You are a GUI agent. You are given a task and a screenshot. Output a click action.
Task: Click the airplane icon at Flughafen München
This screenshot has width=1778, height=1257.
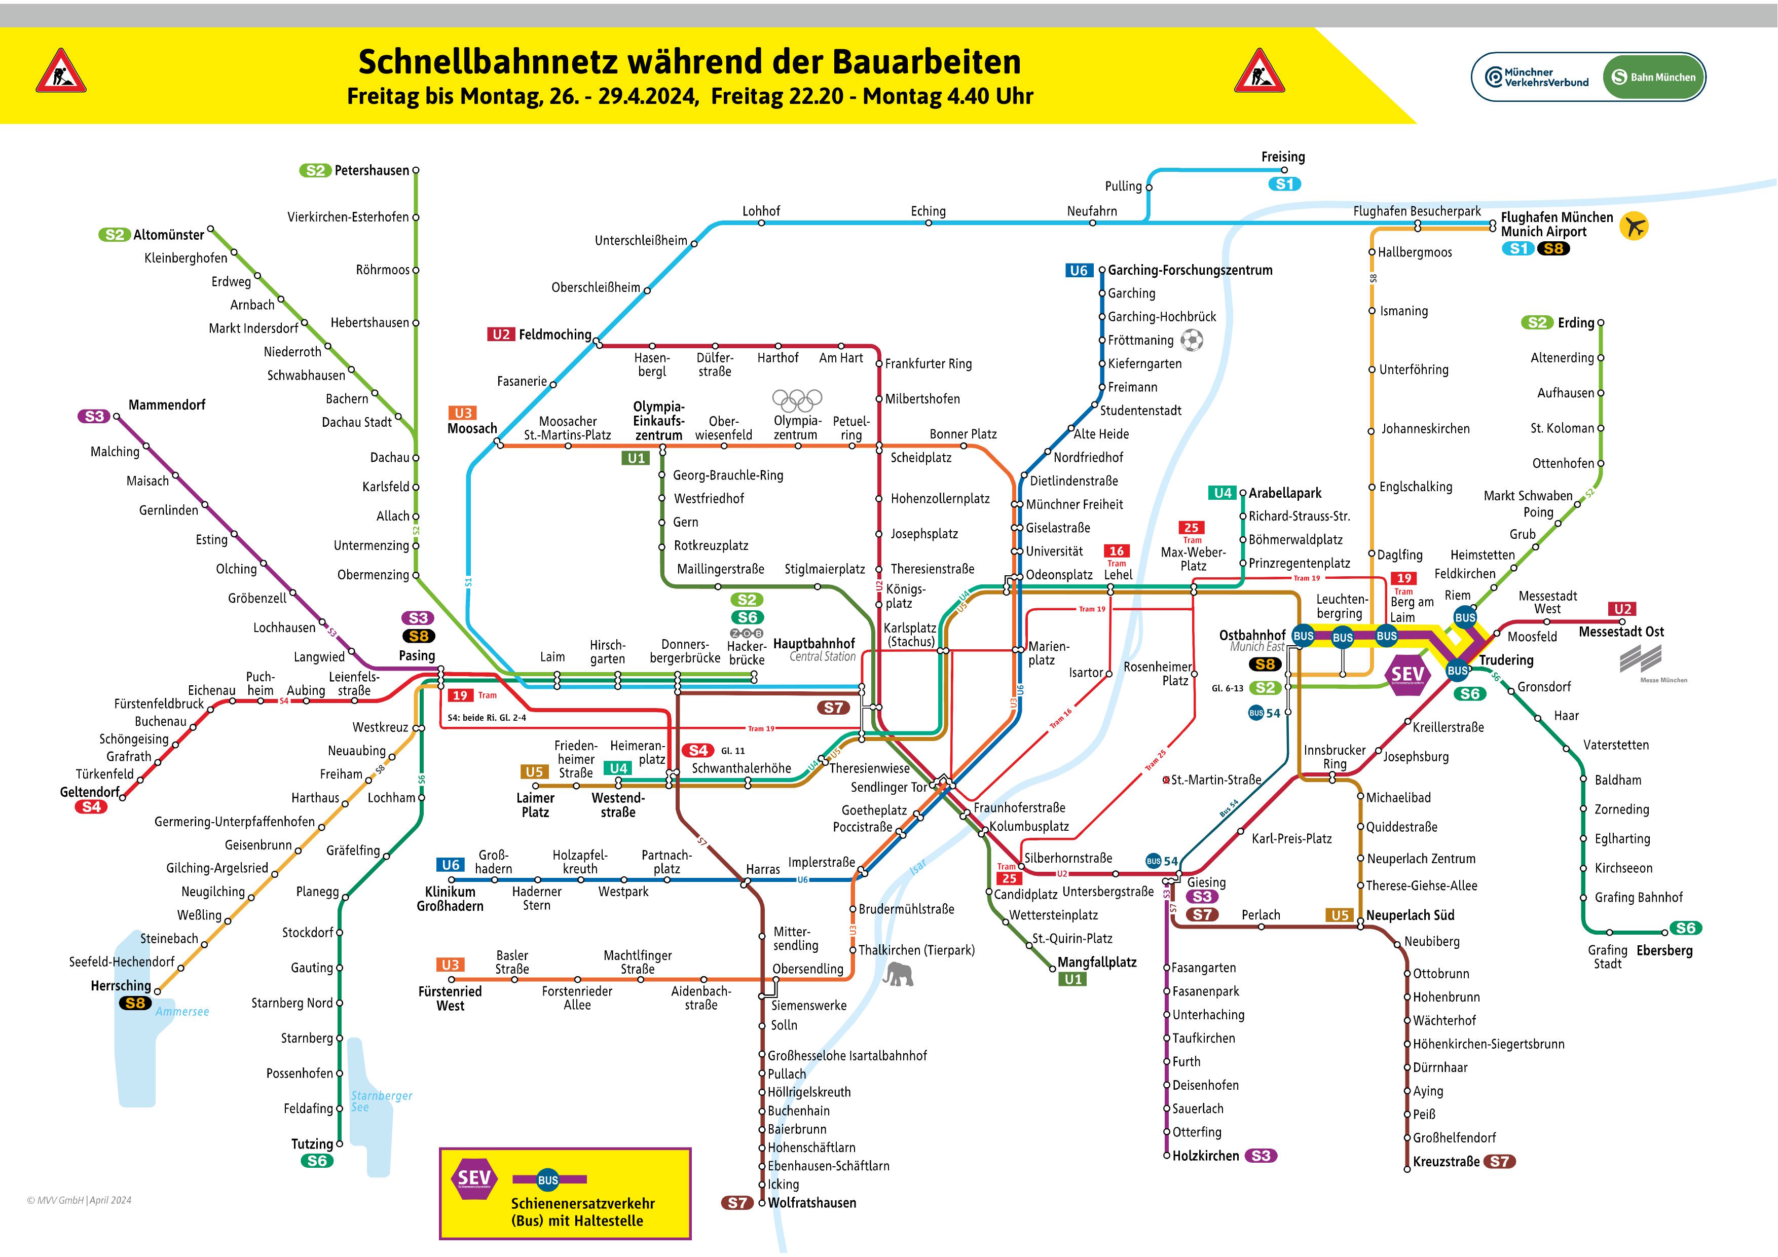click(1634, 226)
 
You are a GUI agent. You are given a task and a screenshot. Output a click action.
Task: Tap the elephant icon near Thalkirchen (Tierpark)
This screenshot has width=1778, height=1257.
click(898, 974)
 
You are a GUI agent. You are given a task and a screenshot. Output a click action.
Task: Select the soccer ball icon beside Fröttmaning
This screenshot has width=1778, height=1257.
click(1192, 340)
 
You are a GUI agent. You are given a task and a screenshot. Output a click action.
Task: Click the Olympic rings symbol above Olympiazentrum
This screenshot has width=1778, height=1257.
click(797, 399)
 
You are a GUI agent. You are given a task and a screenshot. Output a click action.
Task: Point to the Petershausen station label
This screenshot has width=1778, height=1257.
click(372, 170)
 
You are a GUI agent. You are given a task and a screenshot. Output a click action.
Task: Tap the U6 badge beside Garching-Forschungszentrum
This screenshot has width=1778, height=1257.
click(1079, 270)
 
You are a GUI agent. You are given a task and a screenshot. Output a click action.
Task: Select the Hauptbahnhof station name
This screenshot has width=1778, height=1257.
click(814, 644)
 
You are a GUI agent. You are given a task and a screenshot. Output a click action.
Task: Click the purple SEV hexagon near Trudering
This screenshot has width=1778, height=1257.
click(1407, 675)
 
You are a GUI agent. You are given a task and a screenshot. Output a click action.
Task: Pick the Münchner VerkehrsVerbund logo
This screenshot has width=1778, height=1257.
click(1536, 77)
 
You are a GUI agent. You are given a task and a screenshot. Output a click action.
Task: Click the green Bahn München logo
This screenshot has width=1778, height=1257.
click(1653, 77)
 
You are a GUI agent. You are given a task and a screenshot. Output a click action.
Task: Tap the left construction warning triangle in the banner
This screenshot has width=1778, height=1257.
click(61, 71)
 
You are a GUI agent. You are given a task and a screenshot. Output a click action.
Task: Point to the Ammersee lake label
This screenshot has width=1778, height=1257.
click(182, 1012)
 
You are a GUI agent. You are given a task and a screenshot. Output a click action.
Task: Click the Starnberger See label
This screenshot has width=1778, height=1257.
click(381, 1101)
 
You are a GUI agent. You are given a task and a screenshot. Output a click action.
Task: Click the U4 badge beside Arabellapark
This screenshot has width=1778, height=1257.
click(1223, 493)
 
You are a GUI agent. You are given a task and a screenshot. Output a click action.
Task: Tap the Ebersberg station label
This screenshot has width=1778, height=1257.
click(1664, 950)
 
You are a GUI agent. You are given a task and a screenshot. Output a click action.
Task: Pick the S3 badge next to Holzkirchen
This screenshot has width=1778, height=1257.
click(1261, 1156)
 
